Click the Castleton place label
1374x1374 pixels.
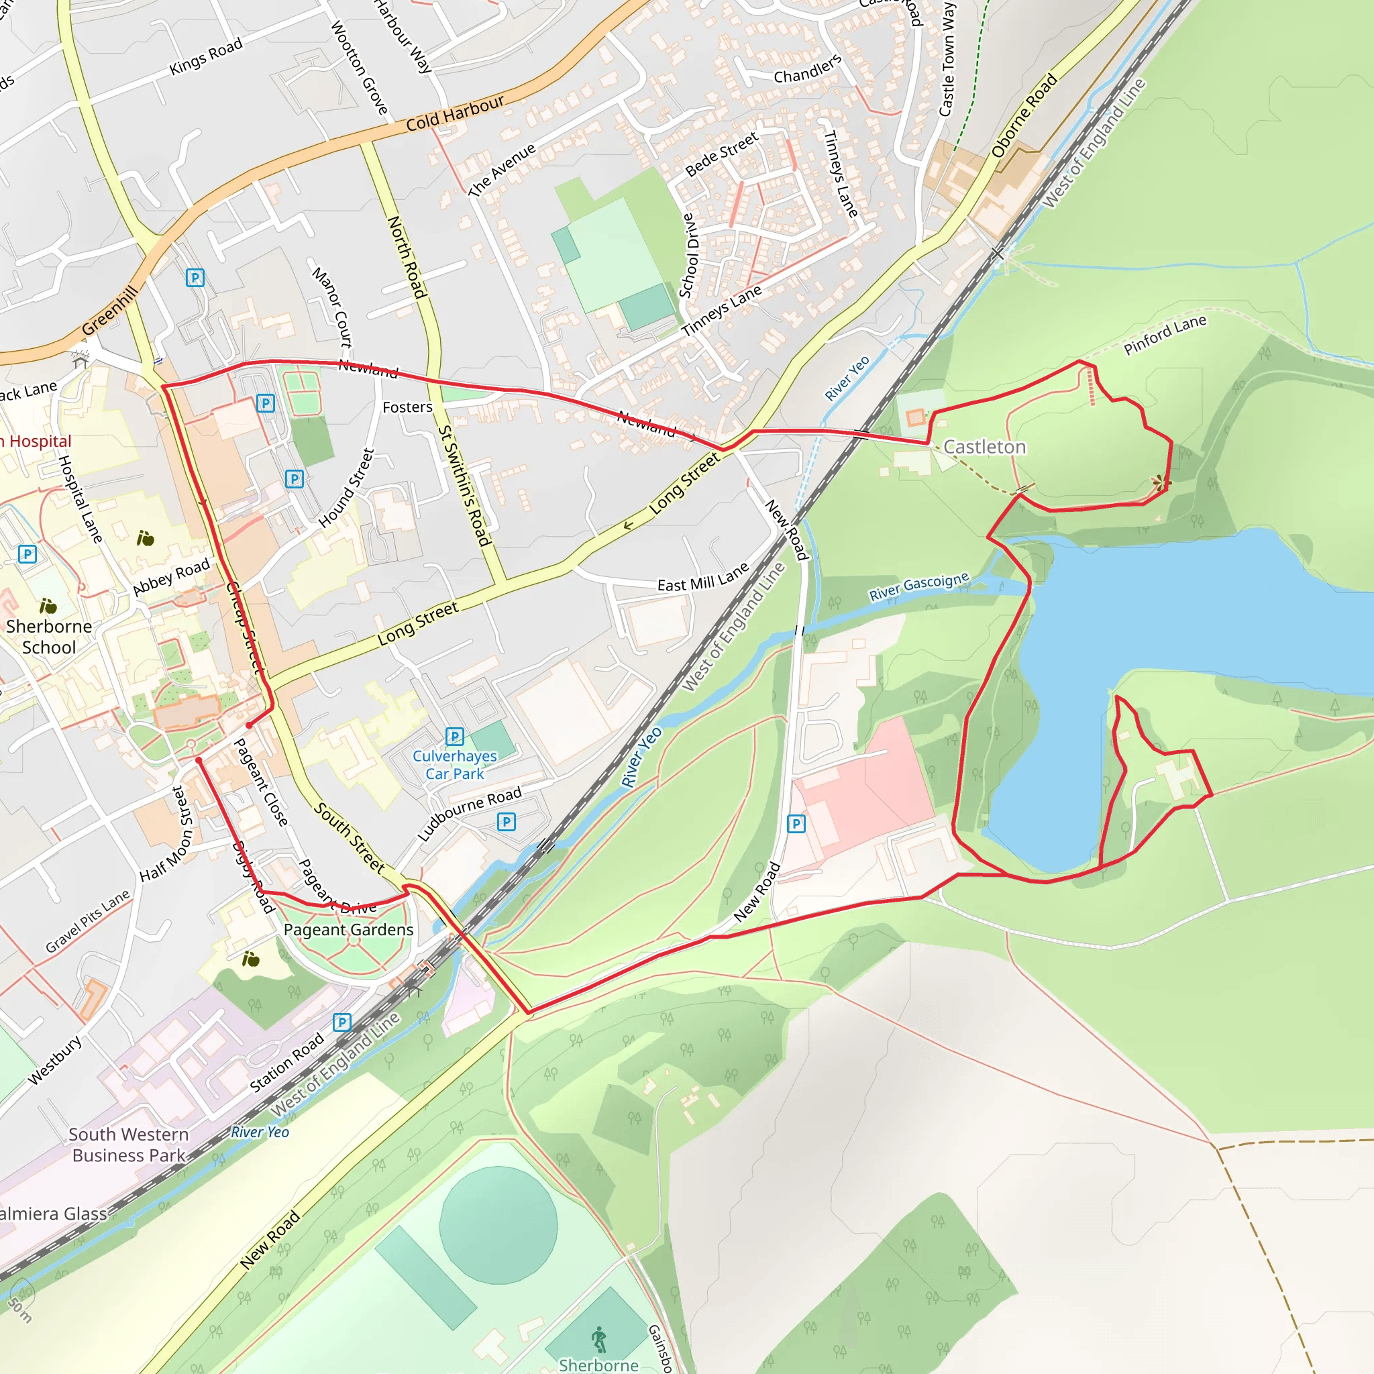click(x=984, y=447)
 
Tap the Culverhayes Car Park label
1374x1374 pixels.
click(x=454, y=765)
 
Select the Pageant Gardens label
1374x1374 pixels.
click(x=348, y=929)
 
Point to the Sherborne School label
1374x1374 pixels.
click(x=49, y=637)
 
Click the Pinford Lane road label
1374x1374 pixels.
click(x=1165, y=334)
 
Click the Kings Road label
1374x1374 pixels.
click(x=206, y=57)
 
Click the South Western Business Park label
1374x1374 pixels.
click(x=129, y=1145)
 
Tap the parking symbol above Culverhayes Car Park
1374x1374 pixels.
click(x=454, y=736)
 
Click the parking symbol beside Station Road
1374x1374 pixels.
click(x=342, y=1022)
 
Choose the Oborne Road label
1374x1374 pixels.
click(x=1024, y=115)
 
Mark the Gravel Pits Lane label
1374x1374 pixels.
click(x=88, y=921)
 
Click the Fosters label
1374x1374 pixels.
click(x=407, y=407)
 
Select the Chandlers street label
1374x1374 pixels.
click(x=807, y=70)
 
